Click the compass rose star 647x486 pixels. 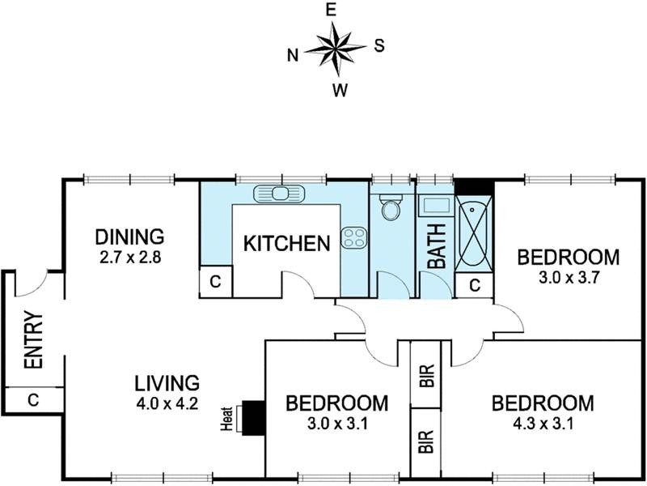click(336, 49)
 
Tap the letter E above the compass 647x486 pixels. click(331, 11)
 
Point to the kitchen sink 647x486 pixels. click(279, 194)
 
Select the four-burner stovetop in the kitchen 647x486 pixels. click(354, 237)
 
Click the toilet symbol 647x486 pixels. click(391, 207)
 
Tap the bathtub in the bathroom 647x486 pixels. click(473, 232)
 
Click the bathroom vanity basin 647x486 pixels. click(435, 206)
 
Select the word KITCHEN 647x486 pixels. click(287, 244)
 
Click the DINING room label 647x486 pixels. click(129, 237)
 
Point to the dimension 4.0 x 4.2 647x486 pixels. click(167, 403)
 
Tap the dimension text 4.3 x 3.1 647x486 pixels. click(542, 423)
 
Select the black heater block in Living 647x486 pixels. click(253, 417)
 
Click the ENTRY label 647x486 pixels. click(34, 339)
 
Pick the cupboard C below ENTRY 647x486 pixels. click(33, 399)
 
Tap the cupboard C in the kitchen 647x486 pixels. click(215, 282)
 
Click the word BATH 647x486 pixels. click(437, 246)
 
